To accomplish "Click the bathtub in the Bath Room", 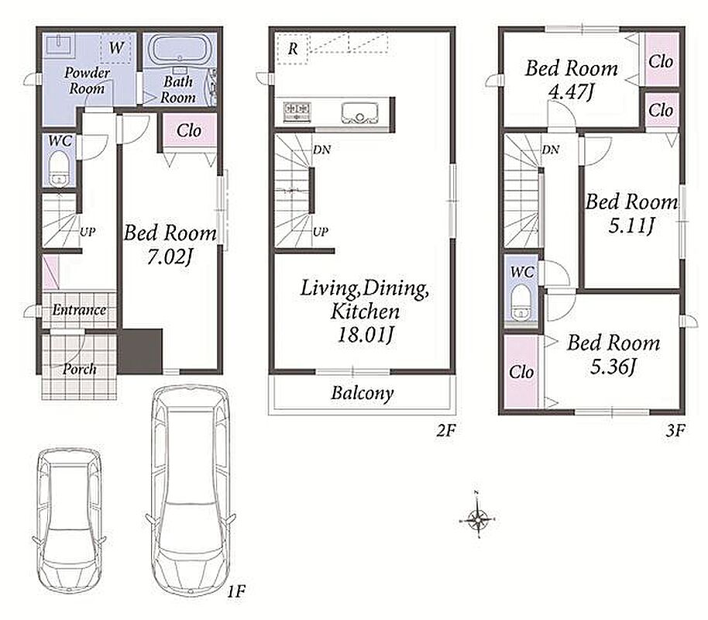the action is coord(180,50).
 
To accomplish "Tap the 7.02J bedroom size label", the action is coord(170,257).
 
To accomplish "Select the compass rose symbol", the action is coord(477,515).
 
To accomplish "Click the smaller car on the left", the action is coord(69,521).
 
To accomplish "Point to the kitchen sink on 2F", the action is coord(359,113).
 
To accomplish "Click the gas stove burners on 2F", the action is coord(297,112).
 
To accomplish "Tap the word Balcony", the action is coord(362,393).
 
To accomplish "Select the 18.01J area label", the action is coord(366,335).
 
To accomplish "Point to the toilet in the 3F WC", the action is coord(521,302).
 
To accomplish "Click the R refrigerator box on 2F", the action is coord(293,48).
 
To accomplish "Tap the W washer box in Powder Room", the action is coord(116,47).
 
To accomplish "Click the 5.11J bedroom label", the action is coord(631,226).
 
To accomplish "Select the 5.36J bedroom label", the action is coord(613,367).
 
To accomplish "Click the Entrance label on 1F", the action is coord(80,310).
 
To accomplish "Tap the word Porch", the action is coord(80,369).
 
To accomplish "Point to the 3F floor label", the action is coord(675,431).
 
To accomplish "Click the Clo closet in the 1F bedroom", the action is coord(189,130).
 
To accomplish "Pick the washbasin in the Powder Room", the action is coord(58,44).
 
